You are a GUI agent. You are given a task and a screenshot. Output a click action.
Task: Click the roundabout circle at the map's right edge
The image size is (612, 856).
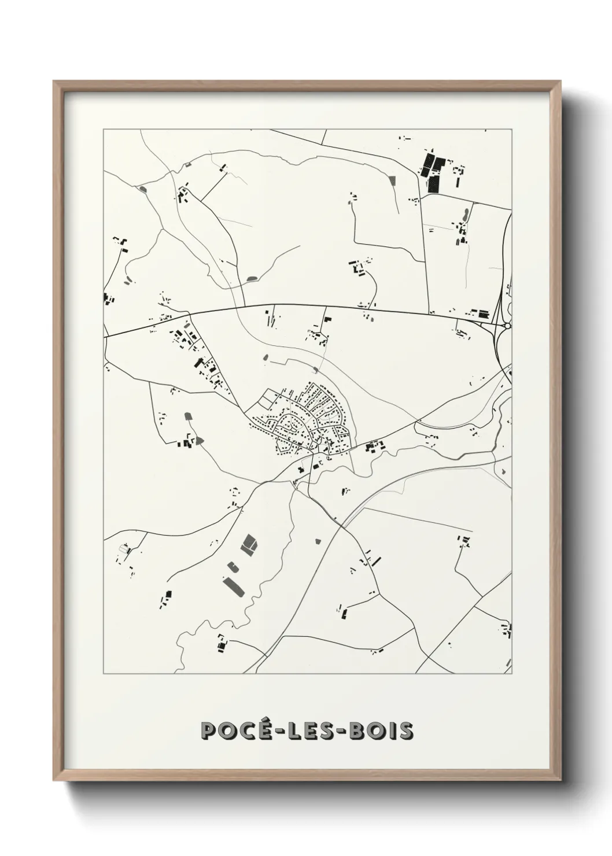(507, 326)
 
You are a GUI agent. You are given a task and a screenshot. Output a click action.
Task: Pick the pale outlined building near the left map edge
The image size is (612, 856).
(123, 548)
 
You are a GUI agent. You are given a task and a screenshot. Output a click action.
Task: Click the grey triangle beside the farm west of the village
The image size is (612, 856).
(200, 440)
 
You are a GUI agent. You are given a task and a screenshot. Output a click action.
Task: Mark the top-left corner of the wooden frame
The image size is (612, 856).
(55, 83)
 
